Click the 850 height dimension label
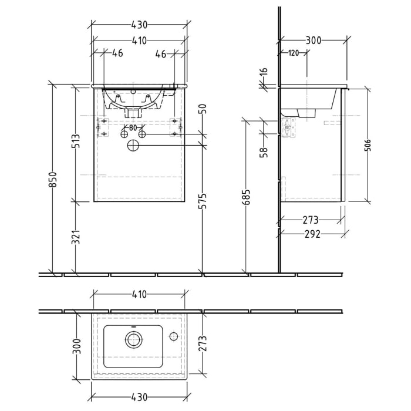(52, 179)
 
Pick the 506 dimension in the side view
(368, 144)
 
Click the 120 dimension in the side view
(294, 53)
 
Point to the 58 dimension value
(264, 152)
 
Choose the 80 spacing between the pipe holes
(133, 127)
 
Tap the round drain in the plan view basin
(133, 338)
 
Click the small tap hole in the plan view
(173, 336)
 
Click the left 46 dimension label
(117, 53)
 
